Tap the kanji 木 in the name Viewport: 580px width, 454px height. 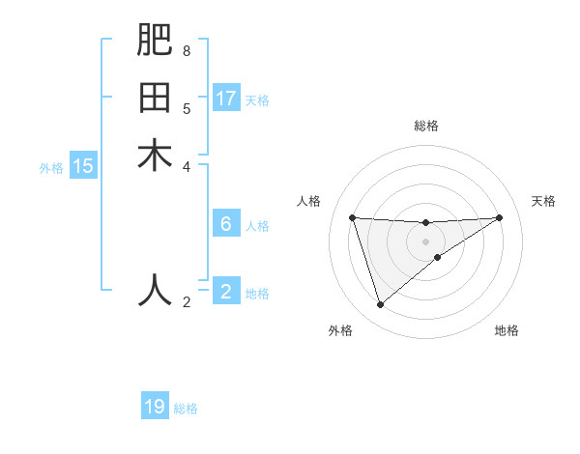point(155,156)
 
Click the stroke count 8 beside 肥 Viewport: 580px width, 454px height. point(186,50)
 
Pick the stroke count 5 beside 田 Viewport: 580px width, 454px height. point(186,108)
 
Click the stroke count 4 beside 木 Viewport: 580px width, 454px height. point(186,166)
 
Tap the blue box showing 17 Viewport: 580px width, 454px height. point(226,98)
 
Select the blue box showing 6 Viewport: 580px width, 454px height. point(226,224)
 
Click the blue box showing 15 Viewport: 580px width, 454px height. point(83,166)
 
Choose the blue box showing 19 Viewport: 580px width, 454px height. point(155,407)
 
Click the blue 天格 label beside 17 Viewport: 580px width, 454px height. point(257,99)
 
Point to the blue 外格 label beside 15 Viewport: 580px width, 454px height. point(51,168)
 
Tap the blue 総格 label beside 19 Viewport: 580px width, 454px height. point(186,409)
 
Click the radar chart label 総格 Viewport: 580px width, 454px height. point(425,126)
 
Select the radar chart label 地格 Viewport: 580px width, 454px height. point(507,330)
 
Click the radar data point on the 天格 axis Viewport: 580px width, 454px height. point(499,217)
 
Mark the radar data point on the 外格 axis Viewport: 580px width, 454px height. point(380,305)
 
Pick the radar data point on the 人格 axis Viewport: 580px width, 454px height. point(353,217)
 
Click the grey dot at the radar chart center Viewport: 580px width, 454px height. point(425,241)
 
